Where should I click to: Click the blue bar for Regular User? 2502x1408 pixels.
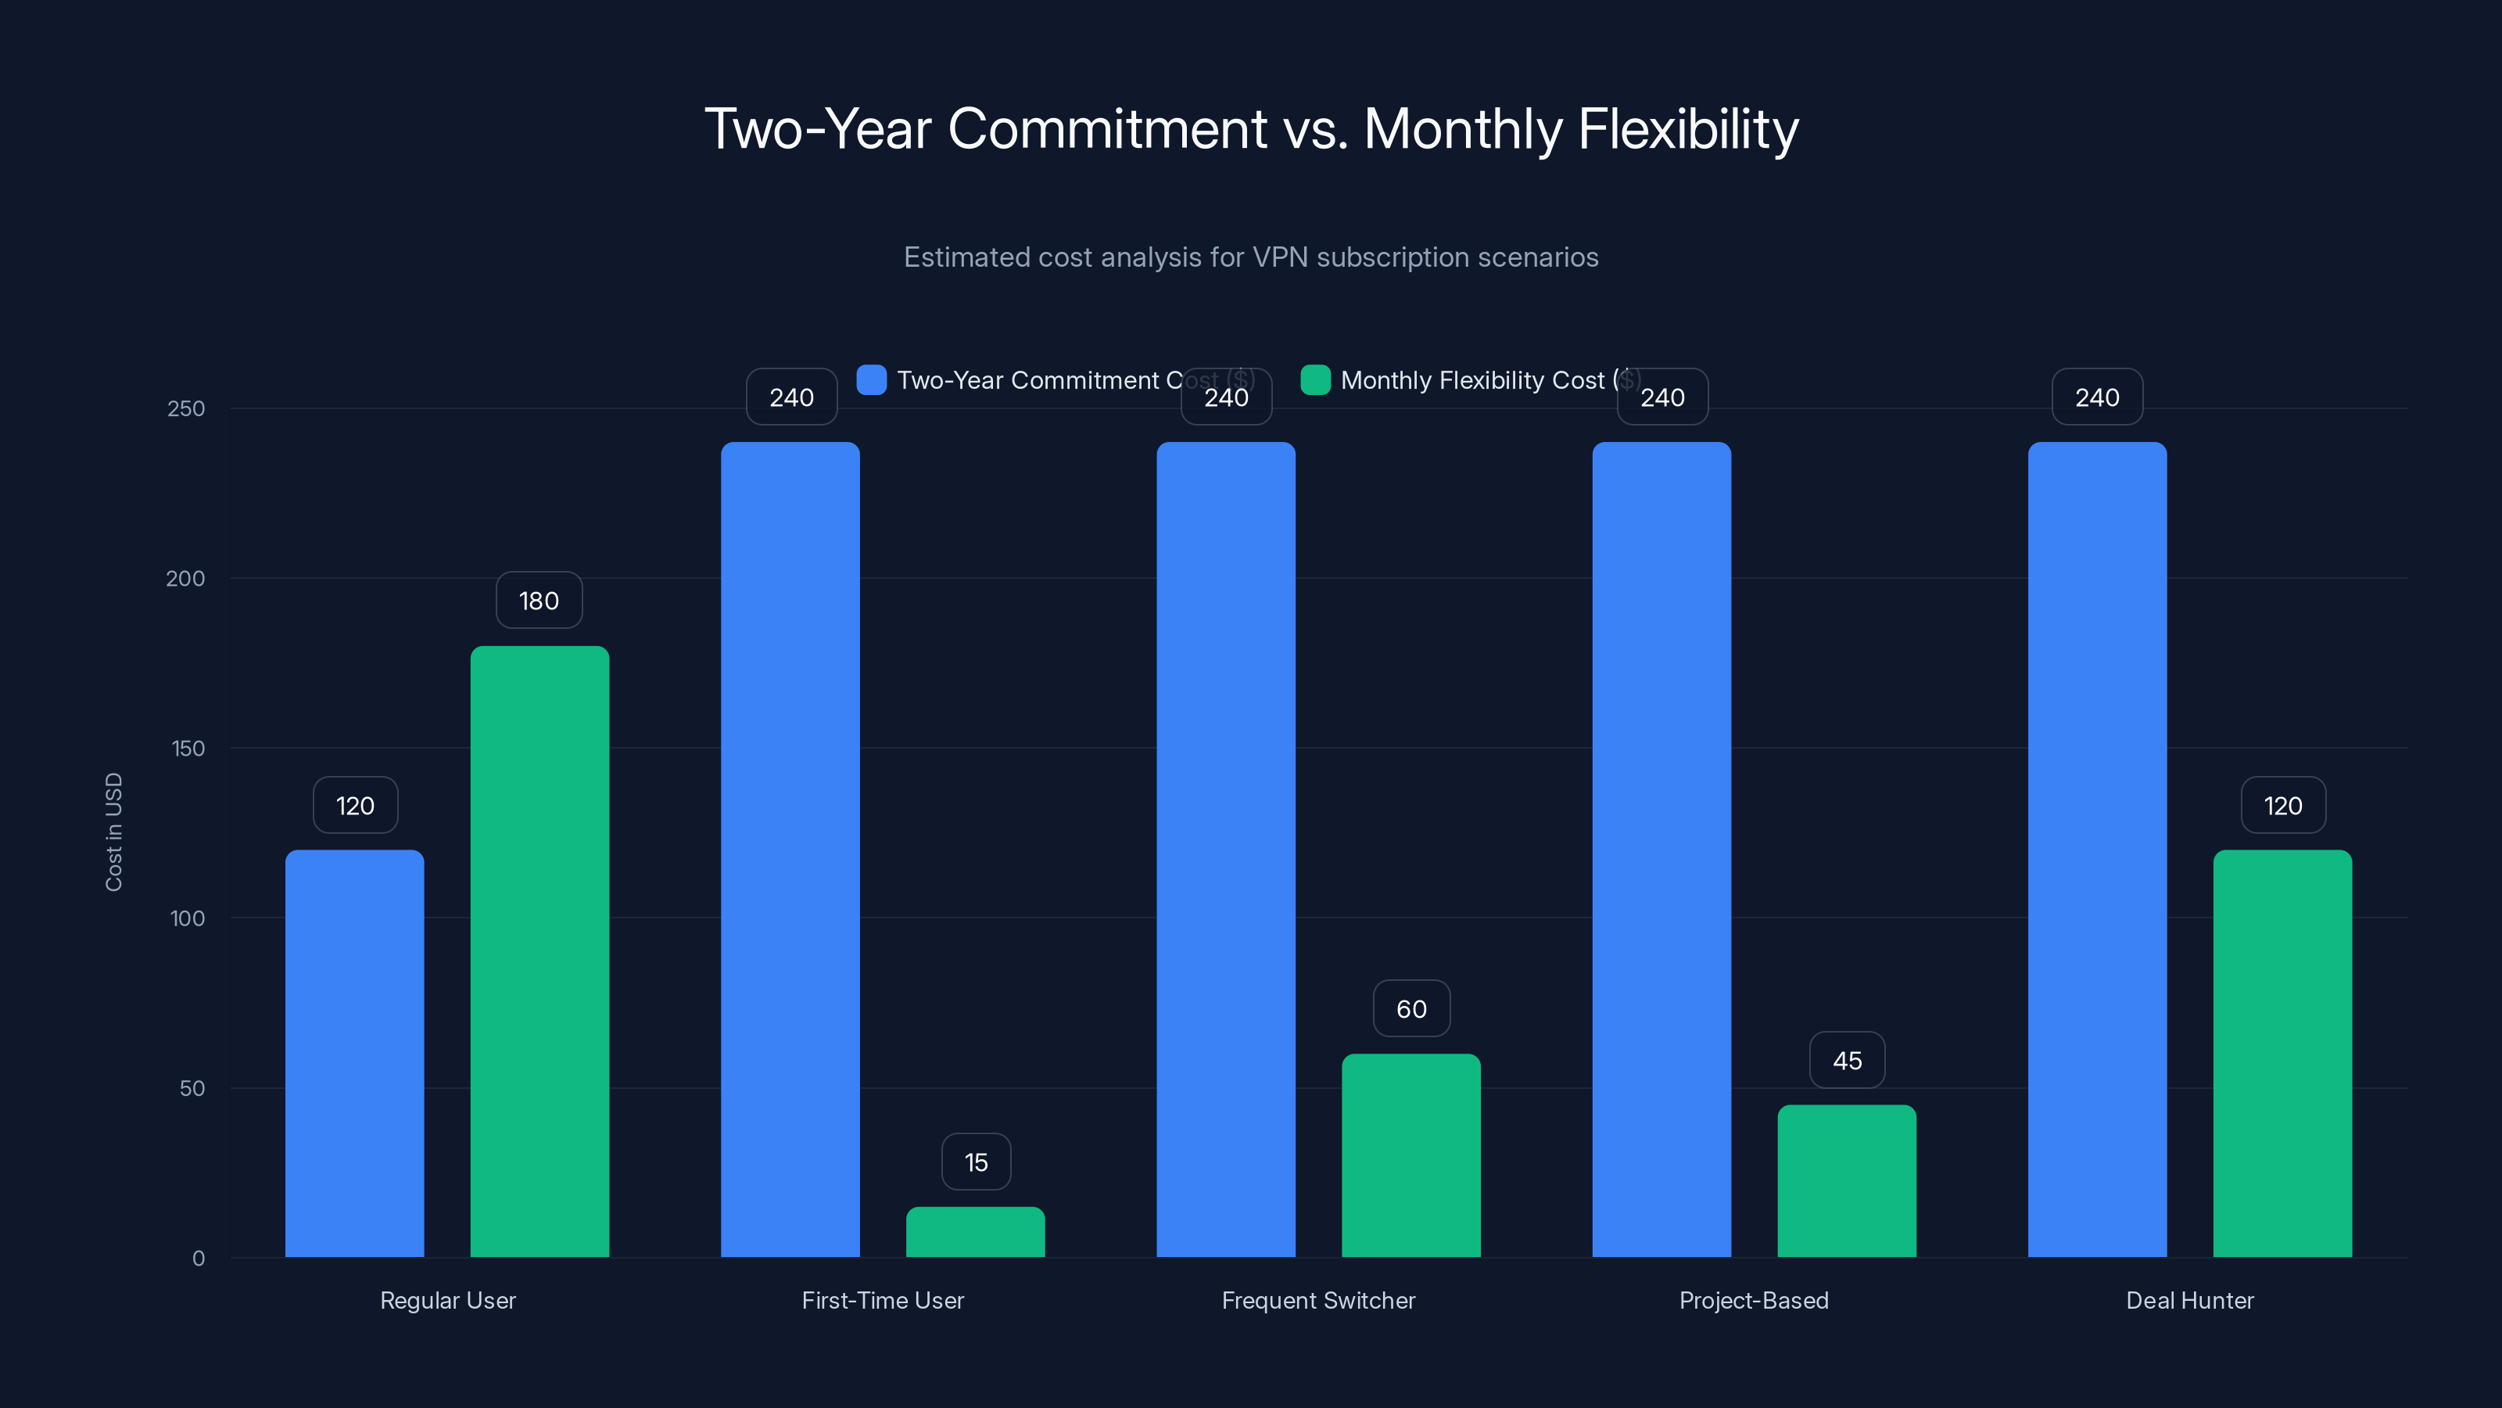[x=354, y=1054]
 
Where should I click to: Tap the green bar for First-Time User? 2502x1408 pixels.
[x=975, y=1231]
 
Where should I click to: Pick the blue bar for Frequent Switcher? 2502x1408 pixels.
[x=1226, y=849]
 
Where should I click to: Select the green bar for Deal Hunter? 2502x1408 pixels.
[x=2282, y=1054]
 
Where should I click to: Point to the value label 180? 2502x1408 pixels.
[x=539, y=601]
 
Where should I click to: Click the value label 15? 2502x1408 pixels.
[x=976, y=1162]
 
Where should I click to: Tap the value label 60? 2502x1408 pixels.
[x=1411, y=1008]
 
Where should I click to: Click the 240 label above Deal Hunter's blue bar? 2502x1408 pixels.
[x=2097, y=397]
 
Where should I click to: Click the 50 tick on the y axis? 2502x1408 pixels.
[x=192, y=1088]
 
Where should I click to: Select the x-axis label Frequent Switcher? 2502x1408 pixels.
[x=1318, y=1300]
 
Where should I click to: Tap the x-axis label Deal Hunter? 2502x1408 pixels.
[x=2189, y=1300]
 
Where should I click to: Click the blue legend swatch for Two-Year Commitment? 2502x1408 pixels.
[x=871, y=380]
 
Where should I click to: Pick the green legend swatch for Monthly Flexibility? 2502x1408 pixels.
[x=1315, y=380]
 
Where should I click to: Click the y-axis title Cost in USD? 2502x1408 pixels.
[x=113, y=832]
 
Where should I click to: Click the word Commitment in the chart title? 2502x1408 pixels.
[x=1107, y=129]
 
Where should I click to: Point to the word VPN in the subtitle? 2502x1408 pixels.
[x=1280, y=257]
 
